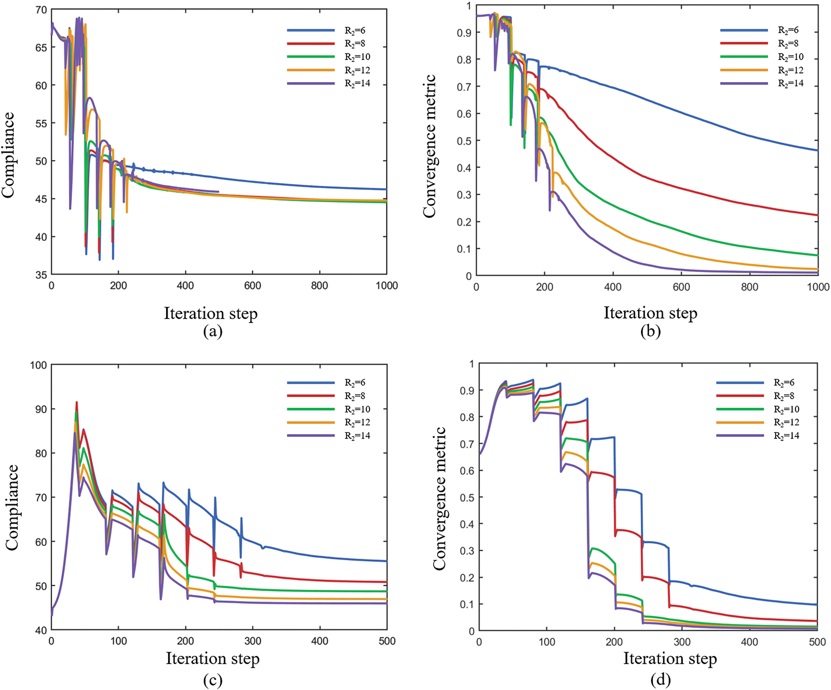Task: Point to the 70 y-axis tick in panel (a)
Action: (x=41, y=10)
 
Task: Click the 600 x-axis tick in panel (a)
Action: (x=253, y=286)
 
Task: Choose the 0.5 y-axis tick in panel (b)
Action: (x=464, y=141)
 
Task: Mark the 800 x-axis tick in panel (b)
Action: (x=749, y=287)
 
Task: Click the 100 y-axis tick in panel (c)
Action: (x=38, y=365)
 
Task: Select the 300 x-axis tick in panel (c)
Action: (x=253, y=641)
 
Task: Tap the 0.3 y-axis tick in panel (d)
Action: (x=467, y=551)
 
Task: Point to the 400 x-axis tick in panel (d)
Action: (x=749, y=642)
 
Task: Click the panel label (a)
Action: (x=212, y=332)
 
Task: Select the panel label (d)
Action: (x=660, y=680)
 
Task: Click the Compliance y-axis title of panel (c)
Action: (x=12, y=507)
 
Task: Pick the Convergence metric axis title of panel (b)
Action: (x=430, y=146)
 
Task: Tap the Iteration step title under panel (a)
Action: (x=211, y=313)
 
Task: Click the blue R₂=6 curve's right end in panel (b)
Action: (x=817, y=150)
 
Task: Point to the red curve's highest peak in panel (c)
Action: (x=76, y=402)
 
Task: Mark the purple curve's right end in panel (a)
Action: (x=219, y=192)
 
